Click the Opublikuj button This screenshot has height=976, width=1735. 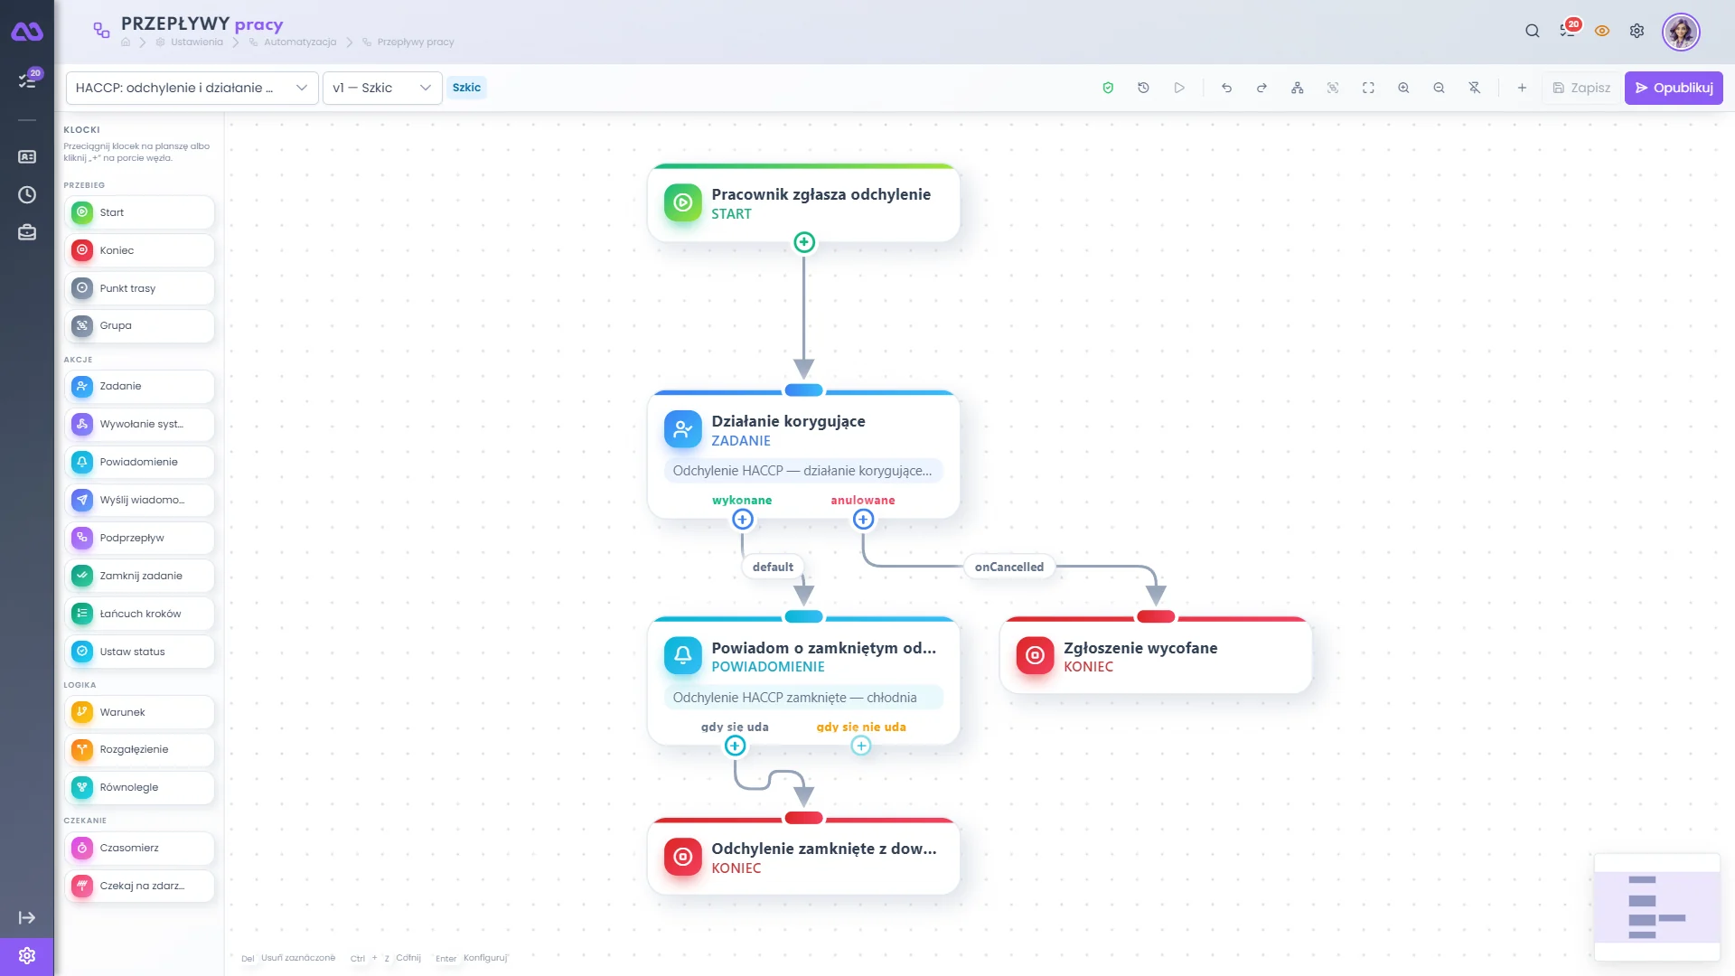[x=1674, y=88]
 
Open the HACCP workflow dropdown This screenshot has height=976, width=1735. [x=192, y=88]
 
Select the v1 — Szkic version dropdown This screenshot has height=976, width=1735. [x=382, y=88]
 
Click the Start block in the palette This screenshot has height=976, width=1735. [x=139, y=212]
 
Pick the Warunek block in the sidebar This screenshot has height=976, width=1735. [x=139, y=712]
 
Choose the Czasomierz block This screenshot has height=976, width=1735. [x=139, y=848]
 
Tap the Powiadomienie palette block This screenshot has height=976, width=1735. [x=139, y=462]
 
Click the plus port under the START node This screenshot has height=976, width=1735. [x=804, y=242]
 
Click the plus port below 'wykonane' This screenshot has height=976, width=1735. [x=743, y=520]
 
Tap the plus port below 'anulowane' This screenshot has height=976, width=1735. [x=864, y=520]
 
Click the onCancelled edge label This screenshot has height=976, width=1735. [x=1009, y=567]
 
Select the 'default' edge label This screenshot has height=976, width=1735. [x=773, y=567]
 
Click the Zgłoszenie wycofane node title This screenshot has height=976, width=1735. [x=1140, y=648]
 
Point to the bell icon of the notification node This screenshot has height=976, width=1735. [x=683, y=655]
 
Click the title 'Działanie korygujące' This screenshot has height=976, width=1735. [x=788, y=421]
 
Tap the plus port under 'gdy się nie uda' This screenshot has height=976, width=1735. [x=861, y=746]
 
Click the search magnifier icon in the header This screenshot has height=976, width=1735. [x=1533, y=31]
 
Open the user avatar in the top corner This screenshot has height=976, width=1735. [x=1681, y=32]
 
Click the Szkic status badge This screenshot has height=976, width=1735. [x=466, y=88]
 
